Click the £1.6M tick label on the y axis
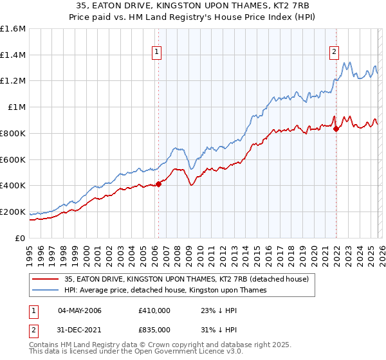13,29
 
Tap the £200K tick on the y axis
13,212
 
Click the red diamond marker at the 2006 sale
158,184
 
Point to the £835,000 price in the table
154,329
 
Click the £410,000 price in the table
154,310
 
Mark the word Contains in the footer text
42,346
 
